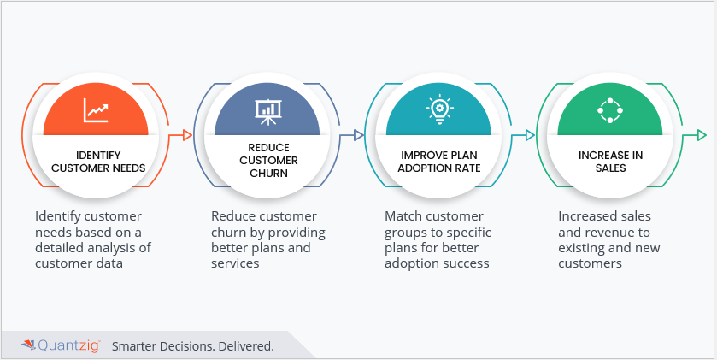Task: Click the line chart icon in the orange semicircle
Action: pyautogui.click(x=96, y=110)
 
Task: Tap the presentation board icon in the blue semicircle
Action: pyautogui.click(x=267, y=111)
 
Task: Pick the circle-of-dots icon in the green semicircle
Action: pyautogui.click(x=610, y=110)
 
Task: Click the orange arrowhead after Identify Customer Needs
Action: pyautogui.click(x=187, y=135)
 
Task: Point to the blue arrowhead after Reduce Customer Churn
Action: pyautogui.click(x=359, y=135)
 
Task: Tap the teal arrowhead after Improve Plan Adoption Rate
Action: pyautogui.click(x=530, y=135)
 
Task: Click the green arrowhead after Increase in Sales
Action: pyautogui.click(x=702, y=135)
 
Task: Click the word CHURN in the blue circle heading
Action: pyautogui.click(x=269, y=174)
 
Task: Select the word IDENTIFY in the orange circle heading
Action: pyautogui.click(x=98, y=155)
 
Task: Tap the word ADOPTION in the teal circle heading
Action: pyautogui.click(x=421, y=168)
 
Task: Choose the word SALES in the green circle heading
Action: pyautogui.click(x=610, y=168)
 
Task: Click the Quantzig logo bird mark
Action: pyautogui.click(x=28, y=345)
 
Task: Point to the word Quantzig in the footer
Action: pyautogui.click(x=68, y=345)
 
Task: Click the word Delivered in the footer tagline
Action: pyautogui.click(x=246, y=346)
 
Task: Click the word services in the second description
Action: pyautogui.click(x=235, y=263)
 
